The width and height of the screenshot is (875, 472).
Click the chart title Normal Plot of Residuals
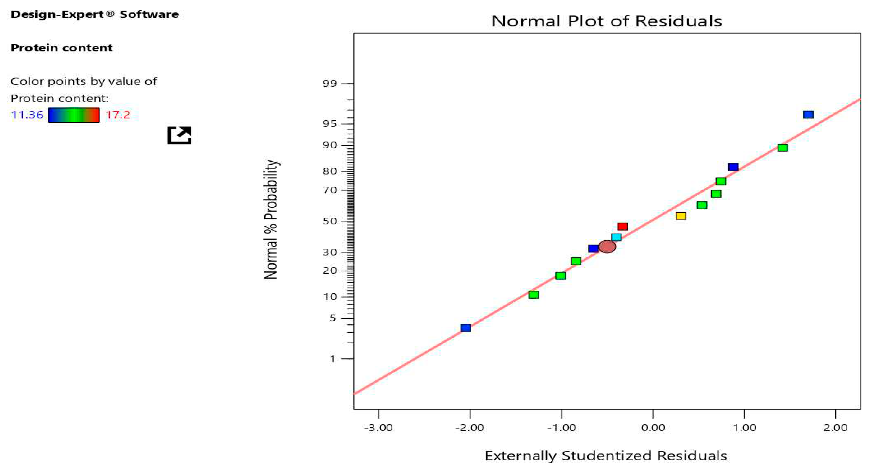click(x=607, y=21)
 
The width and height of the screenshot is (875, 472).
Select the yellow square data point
click(x=681, y=216)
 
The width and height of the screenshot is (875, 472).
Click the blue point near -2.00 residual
click(x=466, y=328)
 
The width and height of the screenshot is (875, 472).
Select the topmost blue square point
click(x=808, y=115)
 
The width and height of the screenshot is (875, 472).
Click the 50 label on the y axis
click(x=329, y=221)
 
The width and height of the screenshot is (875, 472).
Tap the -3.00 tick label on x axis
click(x=378, y=428)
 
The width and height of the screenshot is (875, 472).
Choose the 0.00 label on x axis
click(x=653, y=428)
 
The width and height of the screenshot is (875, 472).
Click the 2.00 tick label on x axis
click(x=835, y=428)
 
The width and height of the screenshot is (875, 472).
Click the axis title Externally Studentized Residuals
click(x=606, y=456)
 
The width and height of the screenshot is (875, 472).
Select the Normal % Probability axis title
click(x=271, y=220)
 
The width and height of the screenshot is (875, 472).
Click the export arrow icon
click(x=179, y=135)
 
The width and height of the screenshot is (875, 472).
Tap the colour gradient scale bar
click(x=74, y=115)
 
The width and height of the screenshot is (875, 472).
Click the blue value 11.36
click(x=27, y=115)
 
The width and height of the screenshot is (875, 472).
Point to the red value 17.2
click(x=118, y=115)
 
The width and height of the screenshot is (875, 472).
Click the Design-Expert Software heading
click(x=95, y=14)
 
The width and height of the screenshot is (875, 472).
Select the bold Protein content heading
click(x=61, y=48)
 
